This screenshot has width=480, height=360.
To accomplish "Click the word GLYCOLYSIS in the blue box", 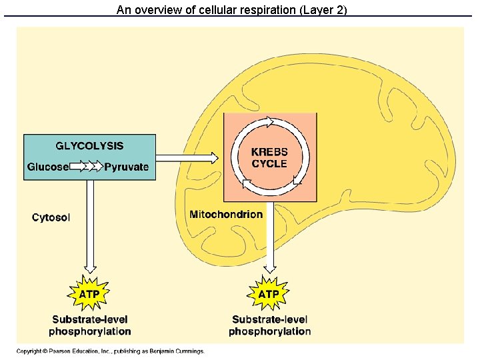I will (x=89, y=146).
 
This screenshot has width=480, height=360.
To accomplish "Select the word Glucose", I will (x=47, y=167).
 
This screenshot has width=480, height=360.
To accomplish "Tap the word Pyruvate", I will (x=127, y=167).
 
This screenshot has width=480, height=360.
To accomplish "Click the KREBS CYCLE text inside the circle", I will (x=269, y=158).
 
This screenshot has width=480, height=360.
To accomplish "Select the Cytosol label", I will (x=51, y=217).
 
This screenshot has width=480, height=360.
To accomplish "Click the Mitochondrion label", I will (x=226, y=215).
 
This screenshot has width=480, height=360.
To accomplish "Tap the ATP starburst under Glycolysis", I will (x=89, y=293).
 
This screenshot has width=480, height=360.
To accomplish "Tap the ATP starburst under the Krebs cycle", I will (x=269, y=293).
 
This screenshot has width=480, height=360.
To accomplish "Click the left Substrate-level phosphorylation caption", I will (x=90, y=325).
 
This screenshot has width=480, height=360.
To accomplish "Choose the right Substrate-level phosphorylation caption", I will (x=269, y=325).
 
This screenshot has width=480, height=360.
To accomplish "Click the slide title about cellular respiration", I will (x=231, y=9).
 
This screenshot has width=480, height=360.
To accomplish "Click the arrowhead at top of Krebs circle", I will (x=269, y=122).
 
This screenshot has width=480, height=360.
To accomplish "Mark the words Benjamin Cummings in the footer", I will (x=177, y=351).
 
